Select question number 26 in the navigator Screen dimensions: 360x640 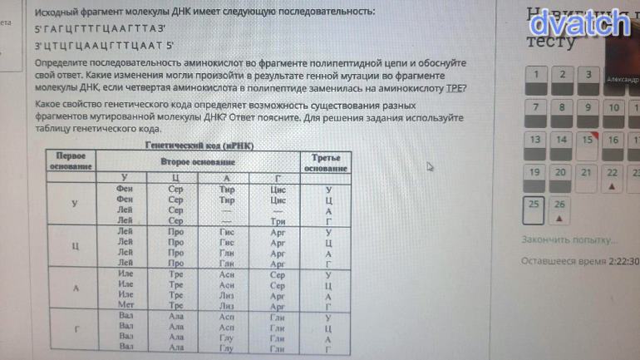click(559, 206)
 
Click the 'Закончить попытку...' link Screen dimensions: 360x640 click(569, 239)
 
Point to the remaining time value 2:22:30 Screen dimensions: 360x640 click(622, 260)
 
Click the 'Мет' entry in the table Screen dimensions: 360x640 click(126, 305)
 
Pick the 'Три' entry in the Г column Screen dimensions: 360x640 click(278, 221)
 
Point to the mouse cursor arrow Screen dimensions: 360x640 click(429, 166)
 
